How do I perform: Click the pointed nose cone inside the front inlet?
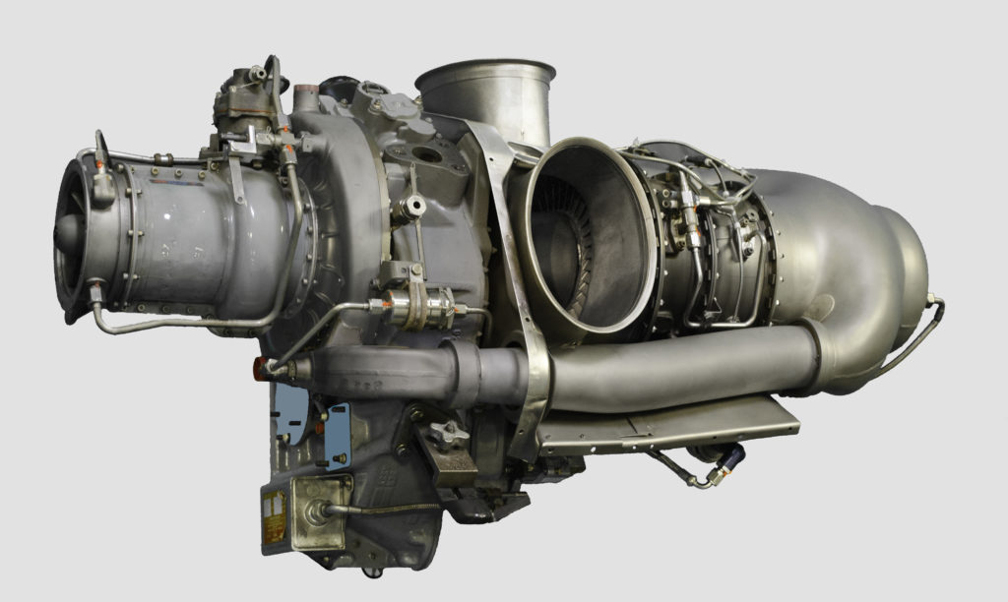[x=66, y=232]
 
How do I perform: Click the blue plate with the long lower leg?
[x=338, y=434]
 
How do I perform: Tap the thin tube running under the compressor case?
[x=187, y=324]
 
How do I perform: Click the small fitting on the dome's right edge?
[x=930, y=298]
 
